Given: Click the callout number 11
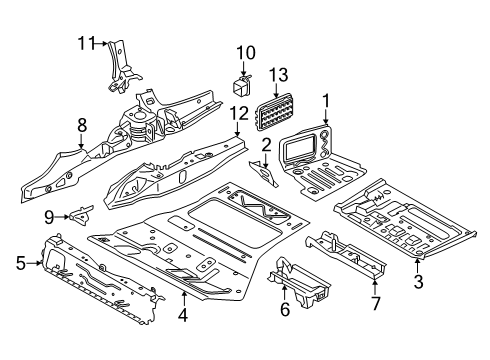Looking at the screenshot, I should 87,42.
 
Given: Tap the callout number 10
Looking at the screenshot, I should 246,51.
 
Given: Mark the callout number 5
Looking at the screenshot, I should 21,264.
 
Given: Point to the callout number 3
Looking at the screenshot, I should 418,283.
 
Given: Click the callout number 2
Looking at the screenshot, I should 266,146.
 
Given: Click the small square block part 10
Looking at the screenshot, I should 242,81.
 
